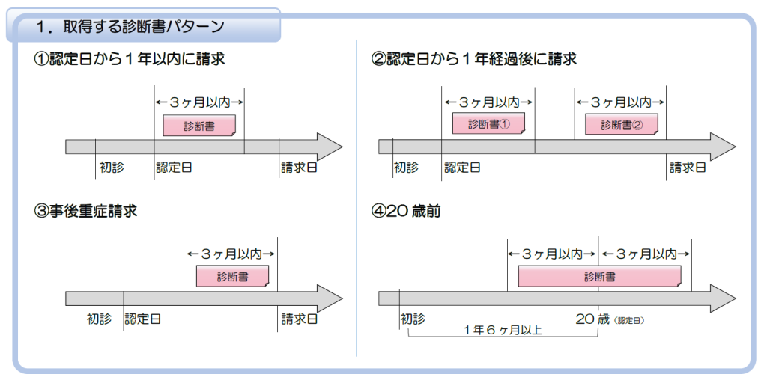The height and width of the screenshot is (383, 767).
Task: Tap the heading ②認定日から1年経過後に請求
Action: [474, 59]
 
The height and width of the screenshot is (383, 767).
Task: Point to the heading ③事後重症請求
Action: [86, 212]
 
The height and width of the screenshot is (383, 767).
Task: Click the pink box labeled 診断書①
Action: [488, 124]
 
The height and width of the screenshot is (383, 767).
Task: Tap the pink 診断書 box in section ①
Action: [199, 126]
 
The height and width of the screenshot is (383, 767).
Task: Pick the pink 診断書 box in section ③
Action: [232, 277]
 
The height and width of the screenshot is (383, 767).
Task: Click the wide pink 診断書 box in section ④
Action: [600, 277]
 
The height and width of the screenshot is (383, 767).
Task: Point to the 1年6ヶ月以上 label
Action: [503, 329]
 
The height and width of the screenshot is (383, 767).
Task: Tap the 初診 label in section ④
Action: [412, 319]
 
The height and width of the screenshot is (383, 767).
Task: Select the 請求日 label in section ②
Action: [688, 167]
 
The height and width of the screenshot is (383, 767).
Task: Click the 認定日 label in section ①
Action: [174, 167]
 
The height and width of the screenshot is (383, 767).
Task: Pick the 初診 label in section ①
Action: [111, 167]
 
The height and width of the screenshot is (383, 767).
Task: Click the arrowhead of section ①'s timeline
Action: [330, 147]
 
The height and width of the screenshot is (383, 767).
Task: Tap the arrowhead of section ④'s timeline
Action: [723, 298]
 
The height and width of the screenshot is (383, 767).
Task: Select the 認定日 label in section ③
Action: [143, 319]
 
